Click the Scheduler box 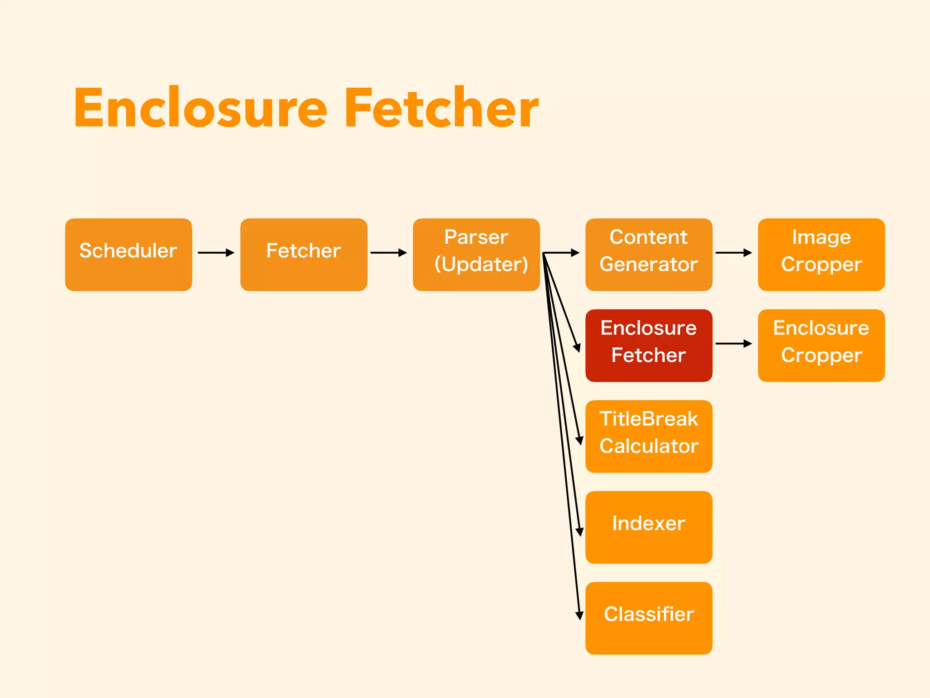pyautogui.click(x=129, y=254)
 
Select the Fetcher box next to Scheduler pyautogui.click(x=303, y=254)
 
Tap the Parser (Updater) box pyautogui.click(x=476, y=254)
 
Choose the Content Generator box pyautogui.click(x=648, y=254)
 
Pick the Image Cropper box pyautogui.click(x=821, y=254)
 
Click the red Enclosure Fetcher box pyautogui.click(x=648, y=345)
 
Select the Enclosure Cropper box pyautogui.click(x=821, y=345)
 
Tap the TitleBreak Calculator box pyautogui.click(x=648, y=436)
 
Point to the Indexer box pyautogui.click(x=648, y=527)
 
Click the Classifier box pyautogui.click(x=648, y=618)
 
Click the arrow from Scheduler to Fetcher pyautogui.click(x=216, y=253)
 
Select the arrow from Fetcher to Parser pyautogui.click(x=389, y=253)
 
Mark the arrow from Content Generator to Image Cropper pyautogui.click(x=733, y=253)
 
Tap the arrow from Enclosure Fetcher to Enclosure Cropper pyautogui.click(x=733, y=344)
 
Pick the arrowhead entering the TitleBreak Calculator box pyautogui.click(x=579, y=440)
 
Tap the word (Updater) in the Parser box pyautogui.click(x=481, y=264)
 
